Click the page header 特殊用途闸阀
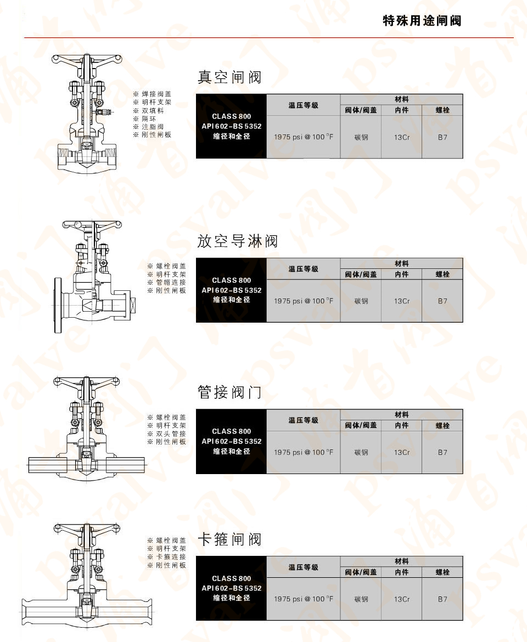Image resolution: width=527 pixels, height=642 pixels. pyautogui.click(x=422, y=21)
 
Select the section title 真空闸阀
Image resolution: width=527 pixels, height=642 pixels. pyautogui.click(x=229, y=77)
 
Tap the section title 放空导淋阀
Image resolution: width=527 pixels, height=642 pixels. pyautogui.click(x=237, y=241)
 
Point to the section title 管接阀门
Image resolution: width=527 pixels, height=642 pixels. pyautogui.click(x=229, y=392)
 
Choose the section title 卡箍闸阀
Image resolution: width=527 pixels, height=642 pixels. pyautogui.click(x=229, y=539)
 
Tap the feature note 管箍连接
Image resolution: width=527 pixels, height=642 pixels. pyautogui.click(x=170, y=282)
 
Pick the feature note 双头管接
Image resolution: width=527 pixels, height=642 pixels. pyautogui.click(x=170, y=433)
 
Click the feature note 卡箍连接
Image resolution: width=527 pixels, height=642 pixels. pyautogui.click(x=170, y=556)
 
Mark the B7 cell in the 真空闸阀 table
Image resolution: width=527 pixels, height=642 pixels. pyautogui.click(x=442, y=137)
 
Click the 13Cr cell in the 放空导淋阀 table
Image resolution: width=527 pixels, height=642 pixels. pyautogui.click(x=402, y=301)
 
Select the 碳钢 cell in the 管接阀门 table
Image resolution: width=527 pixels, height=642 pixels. pyautogui.click(x=361, y=452)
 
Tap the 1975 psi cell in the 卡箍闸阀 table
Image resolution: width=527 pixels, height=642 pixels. pyautogui.click(x=303, y=599)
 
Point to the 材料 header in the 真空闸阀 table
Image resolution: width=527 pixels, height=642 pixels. pyautogui.click(x=402, y=99)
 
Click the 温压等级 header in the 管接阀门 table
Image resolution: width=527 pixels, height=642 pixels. pyautogui.click(x=303, y=420)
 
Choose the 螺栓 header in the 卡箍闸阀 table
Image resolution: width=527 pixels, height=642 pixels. pyautogui.click(x=442, y=572)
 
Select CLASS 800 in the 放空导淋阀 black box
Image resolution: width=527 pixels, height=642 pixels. pyautogui.click(x=231, y=280)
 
